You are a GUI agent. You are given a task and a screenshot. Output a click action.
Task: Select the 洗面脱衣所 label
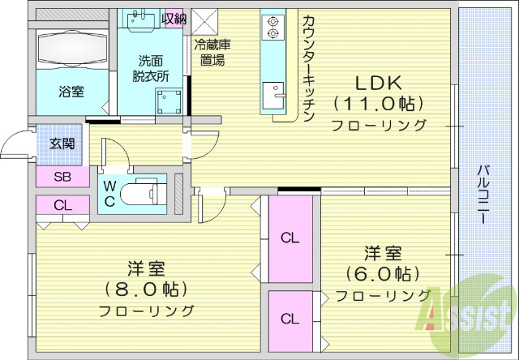click(152, 68)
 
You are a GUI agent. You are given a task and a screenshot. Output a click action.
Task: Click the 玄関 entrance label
click(62, 144)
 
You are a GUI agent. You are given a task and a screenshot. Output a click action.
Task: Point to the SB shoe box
click(62, 177)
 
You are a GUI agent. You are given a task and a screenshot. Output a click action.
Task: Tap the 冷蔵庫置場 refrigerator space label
click(208, 53)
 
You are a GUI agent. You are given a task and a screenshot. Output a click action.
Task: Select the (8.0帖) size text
click(147, 289)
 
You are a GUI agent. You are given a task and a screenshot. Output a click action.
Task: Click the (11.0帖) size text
click(379, 104)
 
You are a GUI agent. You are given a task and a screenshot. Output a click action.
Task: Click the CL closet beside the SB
click(62, 206)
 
